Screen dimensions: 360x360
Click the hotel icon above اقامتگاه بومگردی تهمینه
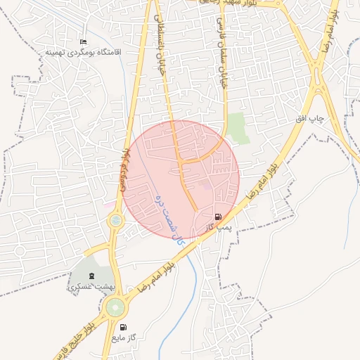[84, 43]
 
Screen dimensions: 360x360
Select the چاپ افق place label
[310, 118]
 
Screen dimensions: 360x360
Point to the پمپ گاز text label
[219, 227]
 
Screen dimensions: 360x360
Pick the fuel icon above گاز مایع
[124, 327]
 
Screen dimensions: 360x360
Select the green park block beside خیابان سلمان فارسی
[238, 128]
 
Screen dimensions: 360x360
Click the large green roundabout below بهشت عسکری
[114, 307]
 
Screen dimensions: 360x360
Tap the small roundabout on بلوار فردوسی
[115, 222]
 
